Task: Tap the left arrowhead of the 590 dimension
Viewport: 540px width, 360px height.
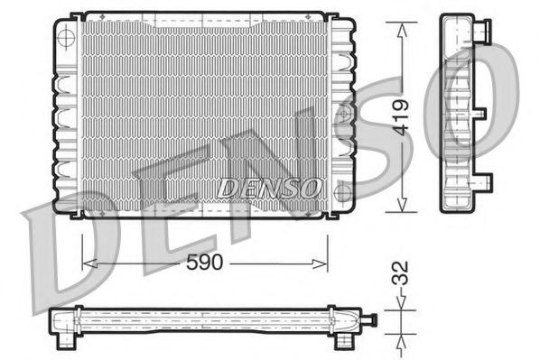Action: pyautogui.click(x=87, y=263)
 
